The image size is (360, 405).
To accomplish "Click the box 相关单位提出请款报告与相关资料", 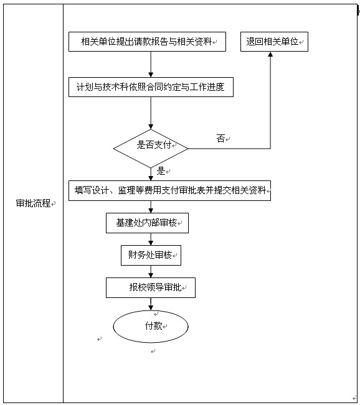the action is pyautogui.click(x=147, y=42).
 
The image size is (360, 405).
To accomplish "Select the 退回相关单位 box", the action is pyautogui.click(x=274, y=42).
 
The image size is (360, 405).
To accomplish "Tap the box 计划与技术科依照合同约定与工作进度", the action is pyautogui.click(x=151, y=87).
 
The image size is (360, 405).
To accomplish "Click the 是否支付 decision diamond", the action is pyautogui.click(x=151, y=148).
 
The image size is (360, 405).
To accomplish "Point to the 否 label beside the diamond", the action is pyautogui.click(x=220, y=139).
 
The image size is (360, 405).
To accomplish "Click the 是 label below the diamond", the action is pyautogui.click(x=161, y=171).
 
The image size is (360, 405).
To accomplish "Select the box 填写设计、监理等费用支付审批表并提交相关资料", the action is pyautogui.click(x=169, y=190).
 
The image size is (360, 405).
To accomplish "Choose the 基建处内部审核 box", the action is pyautogui.click(x=147, y=223).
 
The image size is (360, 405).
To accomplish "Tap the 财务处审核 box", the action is pyautogui.click(x=150, y=255).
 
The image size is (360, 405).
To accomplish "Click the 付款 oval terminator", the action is pyautogui.click(x=150, y=326).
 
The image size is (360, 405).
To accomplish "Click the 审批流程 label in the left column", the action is pyautogui.click(x=33, y=203).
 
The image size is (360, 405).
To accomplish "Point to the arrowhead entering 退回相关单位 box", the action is pyautogui.click(x=270, y=55).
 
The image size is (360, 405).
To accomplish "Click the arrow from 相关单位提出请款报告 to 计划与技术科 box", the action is pyautogui.click(x=151, y=64).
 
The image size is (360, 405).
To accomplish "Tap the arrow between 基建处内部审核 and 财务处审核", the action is pyautogui.click(x=151, y=239).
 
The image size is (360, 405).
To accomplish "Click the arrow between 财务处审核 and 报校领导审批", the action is pyautogui.click(x=151, y=271).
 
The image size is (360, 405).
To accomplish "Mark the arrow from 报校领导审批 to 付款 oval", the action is pyautogui.click(x=151, y=304).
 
